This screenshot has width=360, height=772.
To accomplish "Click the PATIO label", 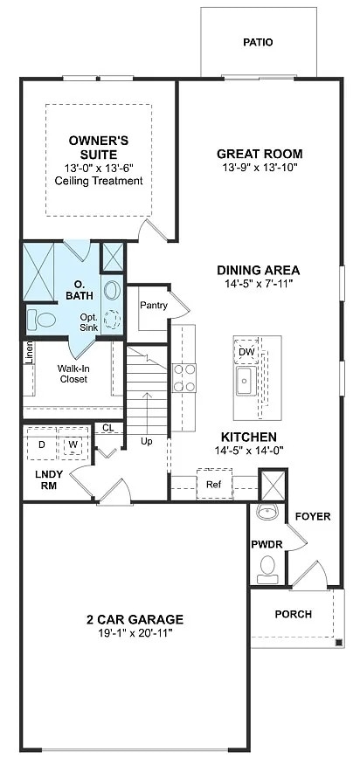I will coord(258,42).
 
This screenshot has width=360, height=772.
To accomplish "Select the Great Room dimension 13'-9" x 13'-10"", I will coord(259,168).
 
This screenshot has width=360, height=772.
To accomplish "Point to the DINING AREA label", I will coord(259,270).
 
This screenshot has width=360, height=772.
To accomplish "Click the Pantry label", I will coord(154,305).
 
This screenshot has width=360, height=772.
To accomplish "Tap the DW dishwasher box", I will coord(246,351).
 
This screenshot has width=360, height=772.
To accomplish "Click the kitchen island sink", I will coord(244,381).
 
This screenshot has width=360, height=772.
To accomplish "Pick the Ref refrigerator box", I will coord(213,483).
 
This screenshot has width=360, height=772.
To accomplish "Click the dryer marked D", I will coord(41,445).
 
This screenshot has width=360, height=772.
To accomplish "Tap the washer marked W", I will coord(73,445).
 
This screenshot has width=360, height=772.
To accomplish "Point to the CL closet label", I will coord(107,428).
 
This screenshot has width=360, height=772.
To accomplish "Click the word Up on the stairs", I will coord(147,442).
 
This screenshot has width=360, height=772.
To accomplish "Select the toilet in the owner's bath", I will coord(40,320).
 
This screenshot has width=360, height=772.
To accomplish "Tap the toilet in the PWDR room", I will coord(268,570).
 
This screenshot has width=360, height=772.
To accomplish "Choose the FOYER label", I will coord(312,516).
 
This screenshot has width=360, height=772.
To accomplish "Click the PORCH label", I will coord(293,614).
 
